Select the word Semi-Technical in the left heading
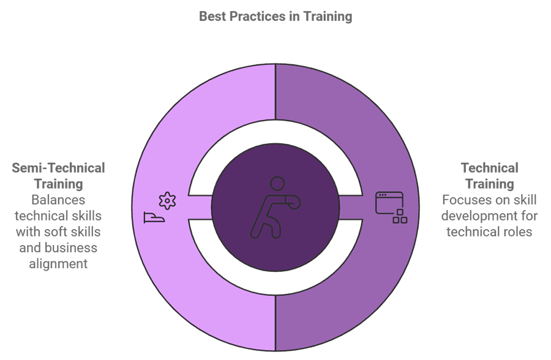pyautogui.click(x=58, y=168)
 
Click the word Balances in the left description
pyautogui.click(x=58, y=200)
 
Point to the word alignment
pyautogui.click(x=58, y=264)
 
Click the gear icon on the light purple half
pyautogui.click(x=167, y=201)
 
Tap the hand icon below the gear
pyautogui.click(x=154, y=217)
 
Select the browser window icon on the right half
pyautogui.click(x=389, y=203)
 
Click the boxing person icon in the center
pyautogui.click(x=275, y=208)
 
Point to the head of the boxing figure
pyautogui.click(x=277, y=184)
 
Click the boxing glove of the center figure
pyautogui.click(x=293, y=202)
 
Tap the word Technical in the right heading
pyautogui.click(x=490, y=168)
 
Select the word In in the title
pyautogui.click(x=294, y=16)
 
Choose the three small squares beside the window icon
pyautogui.click(x=400, y=217)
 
